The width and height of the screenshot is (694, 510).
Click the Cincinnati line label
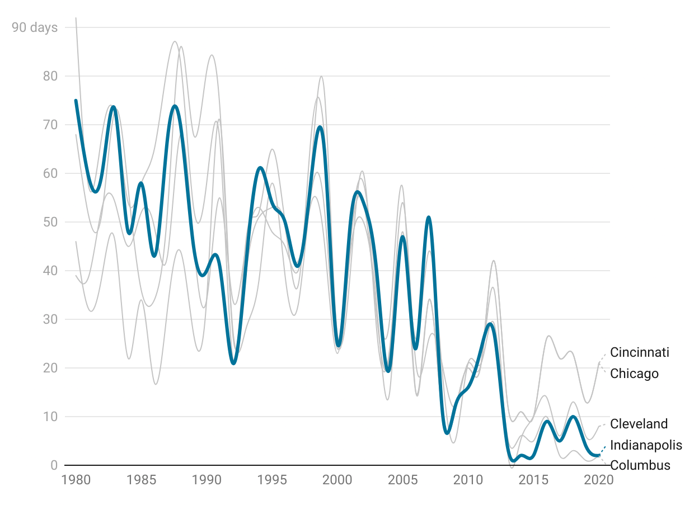point(639,352)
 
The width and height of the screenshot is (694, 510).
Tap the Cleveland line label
point(639,424)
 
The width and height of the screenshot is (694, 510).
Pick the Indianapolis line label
point(646,445)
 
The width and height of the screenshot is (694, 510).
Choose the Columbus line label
point(640,465)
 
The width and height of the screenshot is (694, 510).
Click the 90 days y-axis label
point(35,27)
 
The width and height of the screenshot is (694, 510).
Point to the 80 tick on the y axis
point(50,76)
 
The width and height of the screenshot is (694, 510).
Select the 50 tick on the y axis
point(50,222)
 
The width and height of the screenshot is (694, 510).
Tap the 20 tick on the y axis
point(50,368)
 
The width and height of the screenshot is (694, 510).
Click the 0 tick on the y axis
point(54,465)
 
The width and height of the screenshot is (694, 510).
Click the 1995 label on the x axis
point(272,480)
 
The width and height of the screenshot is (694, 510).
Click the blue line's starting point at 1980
point(76,101)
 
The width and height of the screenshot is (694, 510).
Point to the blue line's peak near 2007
point(429,217)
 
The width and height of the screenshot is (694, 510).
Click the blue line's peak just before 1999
point(320,127)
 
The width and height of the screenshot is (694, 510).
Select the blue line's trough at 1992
point(233,363)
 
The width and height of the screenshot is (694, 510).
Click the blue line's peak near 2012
point(490,324)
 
